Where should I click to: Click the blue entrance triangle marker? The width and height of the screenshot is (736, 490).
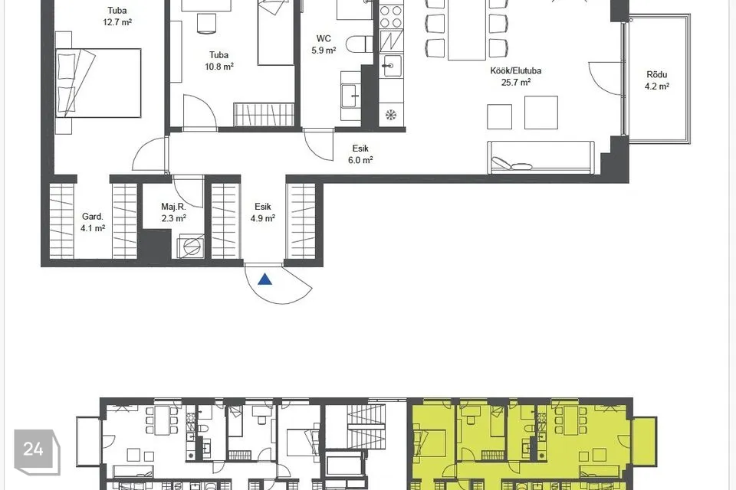click(x=265, y=279)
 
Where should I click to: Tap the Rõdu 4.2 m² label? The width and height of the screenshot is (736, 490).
click(x=657, y=80)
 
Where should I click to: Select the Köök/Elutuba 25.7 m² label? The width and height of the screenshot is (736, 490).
click(x=516, y=77)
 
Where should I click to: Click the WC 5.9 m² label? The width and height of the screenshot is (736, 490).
click(x=324, y=44)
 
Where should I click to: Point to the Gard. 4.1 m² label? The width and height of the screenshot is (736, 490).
click(x=93, y=222)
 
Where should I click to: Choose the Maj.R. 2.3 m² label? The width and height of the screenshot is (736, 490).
click(x=174, y=212)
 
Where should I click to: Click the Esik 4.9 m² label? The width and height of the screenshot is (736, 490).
click(x=263, y=212)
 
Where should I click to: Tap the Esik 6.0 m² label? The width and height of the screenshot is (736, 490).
click(x=360, y=154)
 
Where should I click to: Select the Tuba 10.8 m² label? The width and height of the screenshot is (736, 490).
click(x=219, y=60)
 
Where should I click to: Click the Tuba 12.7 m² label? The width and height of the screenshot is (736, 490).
click(x=117, y=16)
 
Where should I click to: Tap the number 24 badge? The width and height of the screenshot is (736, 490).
click(x=37, y=451)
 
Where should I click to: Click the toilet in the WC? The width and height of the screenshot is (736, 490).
click(x=359, y=44)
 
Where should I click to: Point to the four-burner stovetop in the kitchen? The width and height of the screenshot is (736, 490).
click(x=391, y=16)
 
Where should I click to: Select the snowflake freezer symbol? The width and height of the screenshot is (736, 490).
click(x=391, y=114)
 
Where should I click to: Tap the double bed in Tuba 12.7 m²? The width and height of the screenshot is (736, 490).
click(x=98, y=83)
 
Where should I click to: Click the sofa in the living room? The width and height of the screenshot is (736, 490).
click(x=540, y=157)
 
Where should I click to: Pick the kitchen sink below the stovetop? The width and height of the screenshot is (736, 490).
click(x=391, y=65)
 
